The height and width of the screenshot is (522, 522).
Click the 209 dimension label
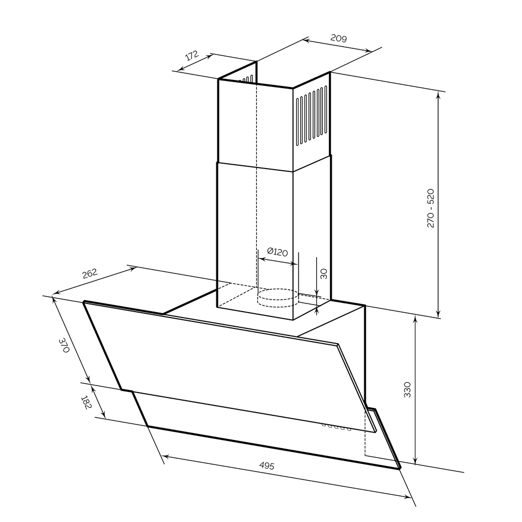point(339,38)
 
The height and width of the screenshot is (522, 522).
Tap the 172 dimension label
point(192,55)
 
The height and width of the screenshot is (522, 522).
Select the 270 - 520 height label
point(431,208)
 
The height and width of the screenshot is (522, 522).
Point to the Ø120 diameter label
point(277,252)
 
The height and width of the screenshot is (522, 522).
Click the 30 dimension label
point(323,274)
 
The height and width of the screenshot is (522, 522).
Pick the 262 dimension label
point(90,273)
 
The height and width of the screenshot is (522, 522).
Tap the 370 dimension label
point(64,345)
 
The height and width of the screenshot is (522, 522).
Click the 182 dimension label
point(86,402)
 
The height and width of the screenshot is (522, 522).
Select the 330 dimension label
point(407,389)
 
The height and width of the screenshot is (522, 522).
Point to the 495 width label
point(266,465)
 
